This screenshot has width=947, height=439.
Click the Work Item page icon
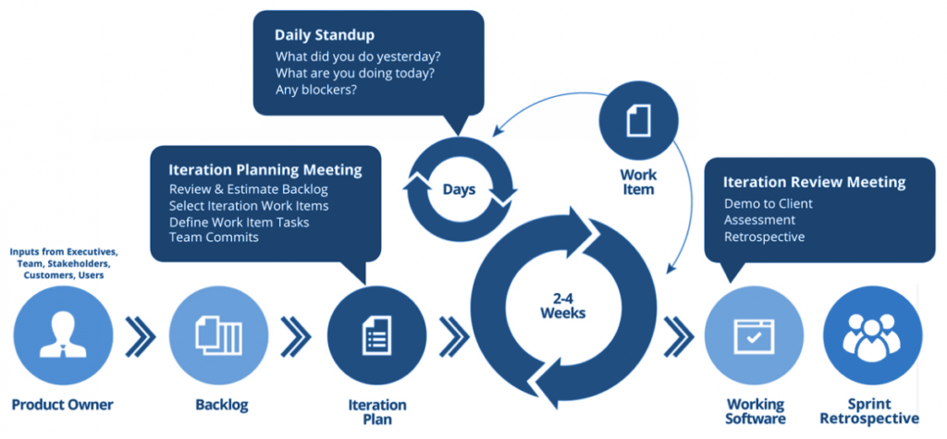click(639, 119)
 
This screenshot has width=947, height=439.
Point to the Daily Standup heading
click(325, 35)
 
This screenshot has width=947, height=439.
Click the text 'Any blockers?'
click(316, 91)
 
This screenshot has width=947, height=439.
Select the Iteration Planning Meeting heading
click(265, 170)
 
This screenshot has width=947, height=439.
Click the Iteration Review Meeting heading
click(814, 182)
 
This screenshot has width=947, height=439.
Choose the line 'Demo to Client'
click(767, 203)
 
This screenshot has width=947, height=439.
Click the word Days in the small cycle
click(459, 189)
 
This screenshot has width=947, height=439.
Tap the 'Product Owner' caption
click(63, 405)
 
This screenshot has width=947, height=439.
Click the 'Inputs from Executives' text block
click(64, 263)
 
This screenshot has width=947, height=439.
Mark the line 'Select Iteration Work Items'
click(249, 205)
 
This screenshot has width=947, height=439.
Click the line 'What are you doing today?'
click(355, 73)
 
